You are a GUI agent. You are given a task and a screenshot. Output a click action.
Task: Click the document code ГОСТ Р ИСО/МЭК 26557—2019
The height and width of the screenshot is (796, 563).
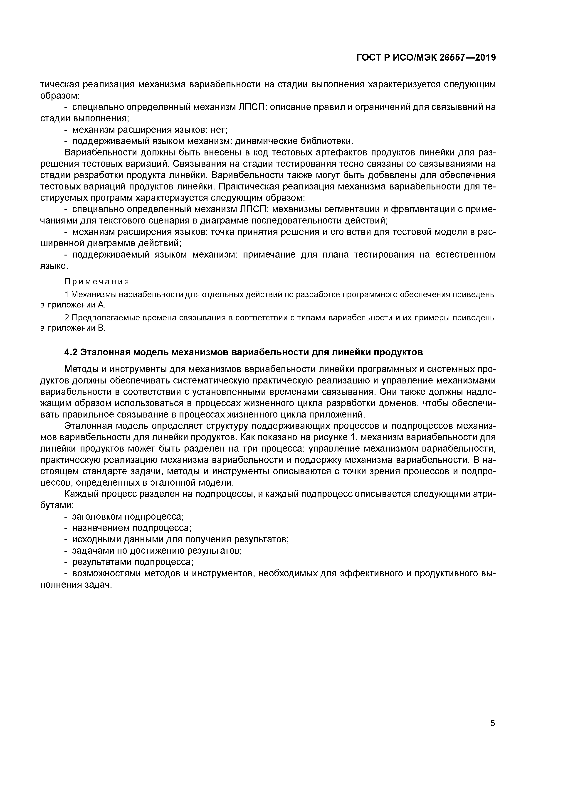pos(426,58)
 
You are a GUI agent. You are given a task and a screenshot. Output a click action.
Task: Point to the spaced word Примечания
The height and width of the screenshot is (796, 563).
pos(96,281)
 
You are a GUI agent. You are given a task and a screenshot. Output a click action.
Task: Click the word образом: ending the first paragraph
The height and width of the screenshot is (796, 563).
pos(60,95)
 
